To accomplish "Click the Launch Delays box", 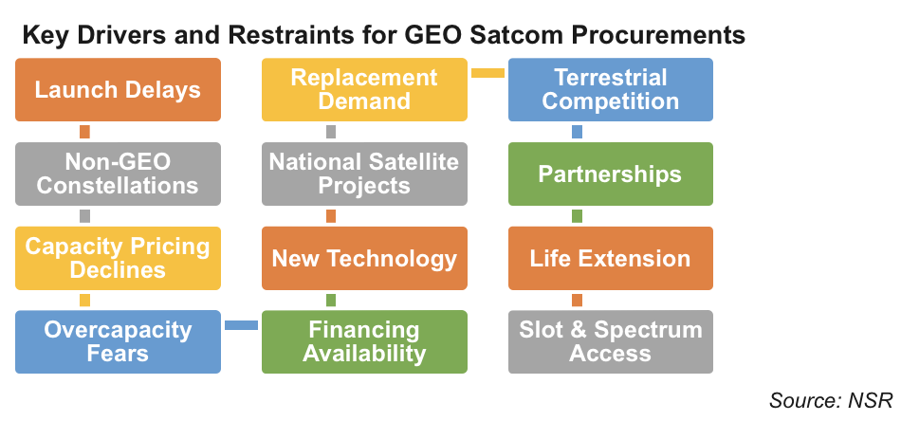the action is pyautogui.click(x=118, y=89).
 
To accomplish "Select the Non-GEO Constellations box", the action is pyautogui.click(x=118, y=174).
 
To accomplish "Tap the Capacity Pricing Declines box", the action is pyautogui.click(x=118, y=258).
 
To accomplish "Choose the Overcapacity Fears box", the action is pyautogui.click(x=118, y=341).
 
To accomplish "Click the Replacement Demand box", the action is pyautogui.click(x=364, y=89).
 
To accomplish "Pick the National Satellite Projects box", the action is pyautogui.click(x=364, y=174).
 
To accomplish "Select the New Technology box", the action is pyautogui.click(x=364, y=258).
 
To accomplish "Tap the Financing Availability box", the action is pyautogui.click(x=364, y=341).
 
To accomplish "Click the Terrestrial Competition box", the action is pyautogui.click(x=610, y=89).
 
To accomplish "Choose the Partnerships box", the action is pyautogui.click(x=610, y=174).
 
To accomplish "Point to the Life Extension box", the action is pyautogui.click(x=610, y=258).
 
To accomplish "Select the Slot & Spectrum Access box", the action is pyautogui.click(x=610, y=341).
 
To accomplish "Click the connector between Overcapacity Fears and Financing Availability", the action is pyautogui.click(x=241, y=325).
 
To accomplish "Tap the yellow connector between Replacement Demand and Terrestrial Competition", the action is pyautogui.click(x=487, y=73).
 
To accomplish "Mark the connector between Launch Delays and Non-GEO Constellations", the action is pyautogui.click(x=84, y=132).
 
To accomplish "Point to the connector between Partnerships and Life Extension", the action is pyautogui.click(x=578, y=216).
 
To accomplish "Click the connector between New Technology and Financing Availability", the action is pyautogui.click(x=331, y=300).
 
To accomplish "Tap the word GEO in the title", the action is pyautogui.click(x=431, y=35).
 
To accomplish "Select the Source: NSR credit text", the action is pyautogui.click(x=831, y=400).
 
